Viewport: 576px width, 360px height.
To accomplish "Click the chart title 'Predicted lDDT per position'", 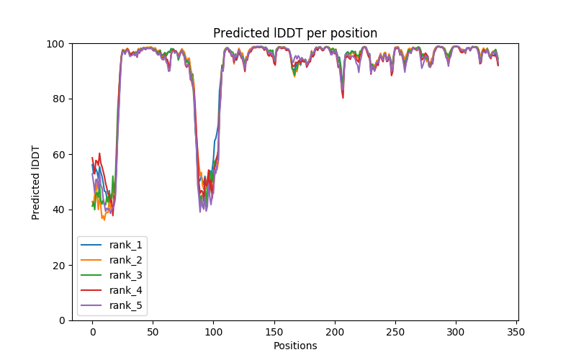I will click(x=295, y=33).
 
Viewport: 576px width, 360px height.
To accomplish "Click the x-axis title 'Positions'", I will click(x=295, y=346).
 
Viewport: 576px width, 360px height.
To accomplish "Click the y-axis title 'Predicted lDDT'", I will click(x=36, y=182).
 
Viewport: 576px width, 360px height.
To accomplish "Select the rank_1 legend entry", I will click(x=127, y=245).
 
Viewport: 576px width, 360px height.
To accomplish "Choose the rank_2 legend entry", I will click(x=127, y=260).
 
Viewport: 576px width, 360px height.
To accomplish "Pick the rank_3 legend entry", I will click(x=127, y=275).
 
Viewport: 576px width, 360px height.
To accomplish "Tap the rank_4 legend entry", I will click(x=127, y=290).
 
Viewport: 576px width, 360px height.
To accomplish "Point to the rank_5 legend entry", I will click(x=127, y=305).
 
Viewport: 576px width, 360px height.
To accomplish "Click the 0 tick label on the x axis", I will click(x=92, y=331).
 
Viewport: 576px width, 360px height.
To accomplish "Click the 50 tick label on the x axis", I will click(x=153, y=331).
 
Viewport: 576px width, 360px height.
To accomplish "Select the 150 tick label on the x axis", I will click(x=274, y=331).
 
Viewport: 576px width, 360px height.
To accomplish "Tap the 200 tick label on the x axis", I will click(x=334, y=331).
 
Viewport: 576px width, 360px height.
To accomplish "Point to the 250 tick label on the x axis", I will click(x=395, y=331).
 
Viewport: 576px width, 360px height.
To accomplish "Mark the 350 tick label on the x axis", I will click(x=516, y=331).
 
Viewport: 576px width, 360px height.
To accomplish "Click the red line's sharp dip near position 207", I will click(x=343, y=97).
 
